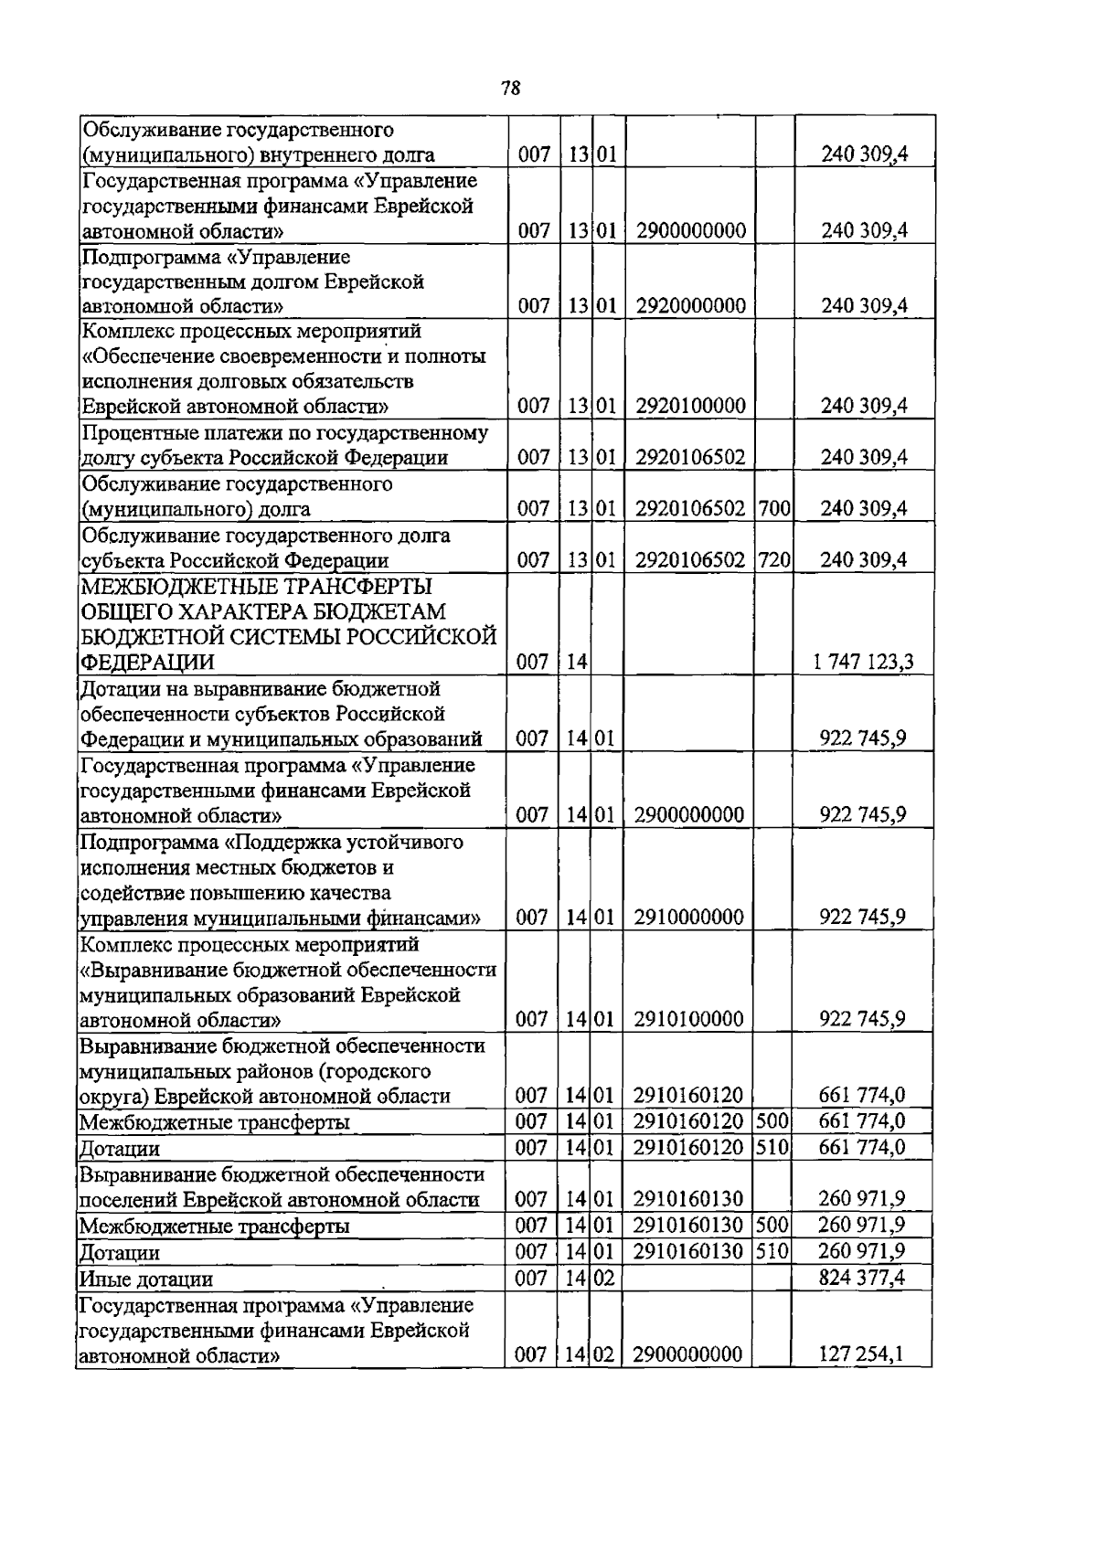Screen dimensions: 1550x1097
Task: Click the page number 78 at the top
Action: tap(511, 88)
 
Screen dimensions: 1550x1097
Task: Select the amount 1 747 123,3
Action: tap(864, 662)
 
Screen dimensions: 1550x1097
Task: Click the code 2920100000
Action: tap(690, 406)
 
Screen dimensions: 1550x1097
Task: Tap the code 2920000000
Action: tap(690, 305)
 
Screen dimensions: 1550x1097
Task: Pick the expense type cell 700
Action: tap(773, 509)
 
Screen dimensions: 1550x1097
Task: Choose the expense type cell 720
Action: tap(773, 560)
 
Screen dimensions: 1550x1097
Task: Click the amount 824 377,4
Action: tap(862, 1278)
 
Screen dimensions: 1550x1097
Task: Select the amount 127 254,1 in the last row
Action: tap(862, 1354)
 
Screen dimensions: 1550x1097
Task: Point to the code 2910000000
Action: tap(687, 917)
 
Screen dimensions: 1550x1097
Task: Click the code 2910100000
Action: tap(687, 1019)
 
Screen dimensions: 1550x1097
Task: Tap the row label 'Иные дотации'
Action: tap(146, 1279)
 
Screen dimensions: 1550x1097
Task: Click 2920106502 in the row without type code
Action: tap(690, 458)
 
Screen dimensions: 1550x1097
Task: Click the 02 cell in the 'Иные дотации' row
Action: tap(604, 1278)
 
